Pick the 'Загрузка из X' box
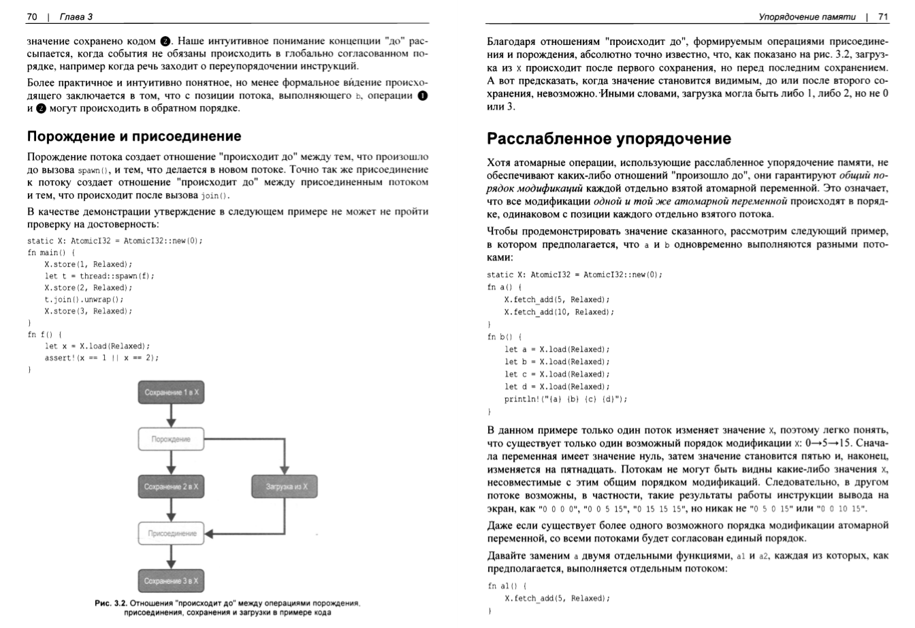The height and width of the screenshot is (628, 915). coord(283,486)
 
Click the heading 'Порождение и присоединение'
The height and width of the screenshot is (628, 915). coord(134,136)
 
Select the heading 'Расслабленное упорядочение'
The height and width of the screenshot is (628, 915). coord(609,139)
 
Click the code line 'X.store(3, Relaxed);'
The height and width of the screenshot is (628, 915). coord(88,311)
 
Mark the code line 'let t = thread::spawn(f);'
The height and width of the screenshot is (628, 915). coord(99,276)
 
